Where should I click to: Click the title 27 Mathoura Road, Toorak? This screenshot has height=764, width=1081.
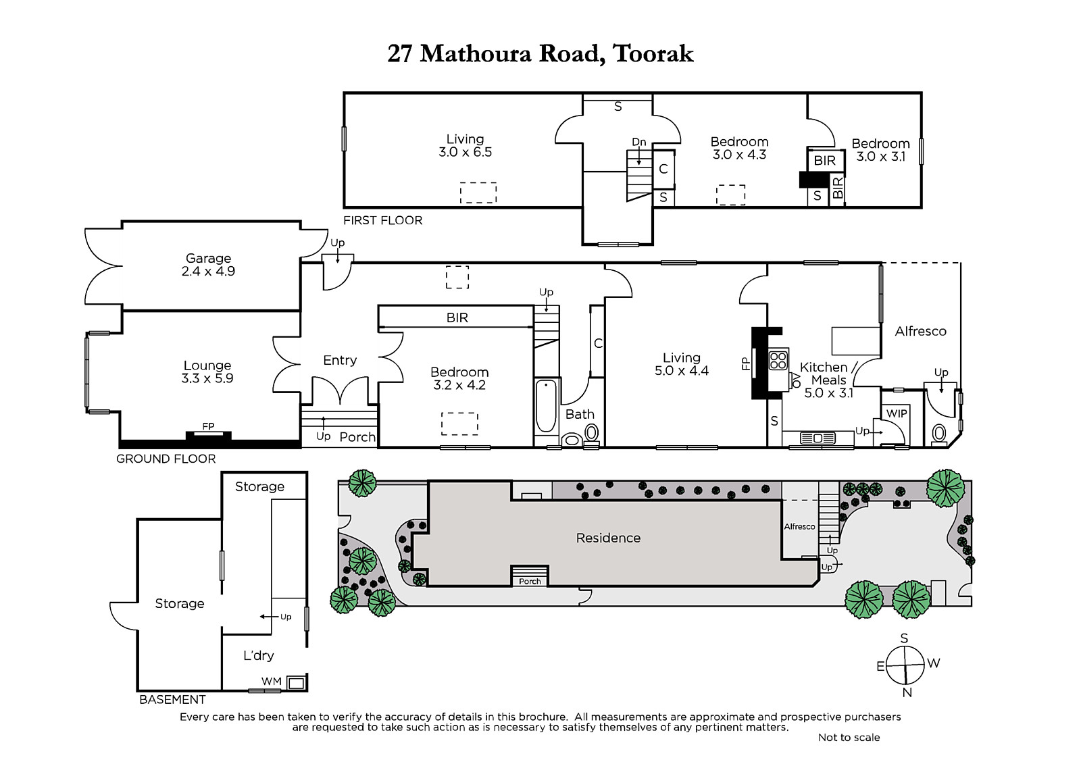(540, 53)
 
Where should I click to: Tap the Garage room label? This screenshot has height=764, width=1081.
(208, 264)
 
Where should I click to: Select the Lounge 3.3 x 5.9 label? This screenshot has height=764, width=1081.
(207, 372)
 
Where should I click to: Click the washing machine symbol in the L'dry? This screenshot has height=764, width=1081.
(295, 683)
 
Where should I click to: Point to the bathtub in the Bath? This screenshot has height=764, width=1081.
(546, 406)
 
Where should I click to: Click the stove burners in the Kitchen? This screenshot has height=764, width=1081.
(778, 360)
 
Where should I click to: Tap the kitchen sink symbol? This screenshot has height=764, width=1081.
(818, 438)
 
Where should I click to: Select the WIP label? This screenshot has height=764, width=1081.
(897, 413)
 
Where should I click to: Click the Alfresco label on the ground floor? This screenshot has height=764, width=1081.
(920, 331)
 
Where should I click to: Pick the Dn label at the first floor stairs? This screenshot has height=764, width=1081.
(638, 142)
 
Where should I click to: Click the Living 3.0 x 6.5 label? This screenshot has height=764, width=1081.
(465, 145)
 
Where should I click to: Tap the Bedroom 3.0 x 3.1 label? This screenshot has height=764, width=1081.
(880, 149)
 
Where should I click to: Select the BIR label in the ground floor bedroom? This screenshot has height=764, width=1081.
(457, 317)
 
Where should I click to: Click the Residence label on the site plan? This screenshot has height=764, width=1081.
(608, 538)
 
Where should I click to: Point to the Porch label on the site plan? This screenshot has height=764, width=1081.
(530, 581)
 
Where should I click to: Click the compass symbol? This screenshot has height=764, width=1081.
(905, 665)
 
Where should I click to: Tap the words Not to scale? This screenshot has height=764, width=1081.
(849, 737)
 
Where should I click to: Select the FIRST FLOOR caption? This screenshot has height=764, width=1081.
(382, 220)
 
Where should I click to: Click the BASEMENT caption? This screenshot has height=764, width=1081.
(172, 699)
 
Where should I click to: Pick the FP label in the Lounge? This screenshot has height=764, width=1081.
(208, 426)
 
